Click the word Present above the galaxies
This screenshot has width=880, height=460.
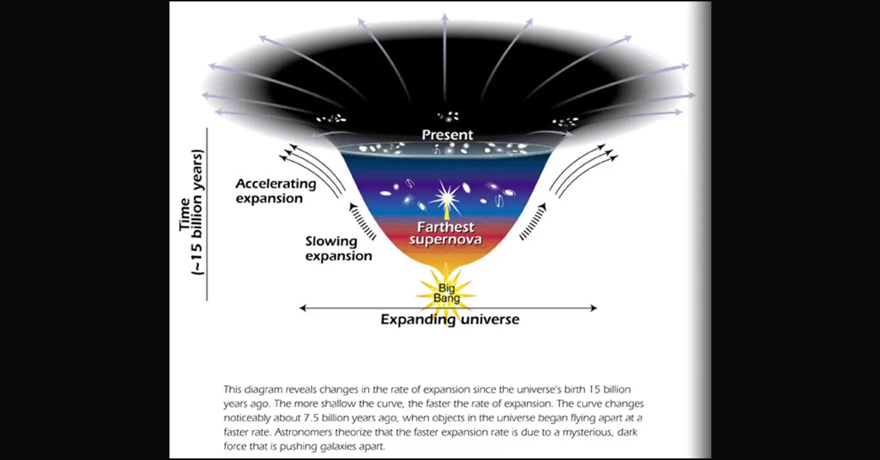point(447,135)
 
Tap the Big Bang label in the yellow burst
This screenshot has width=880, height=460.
point(447,293)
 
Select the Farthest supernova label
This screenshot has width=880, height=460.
point(445,233)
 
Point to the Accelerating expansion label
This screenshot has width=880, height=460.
point(276,191)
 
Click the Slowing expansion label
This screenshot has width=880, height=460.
point(339,249)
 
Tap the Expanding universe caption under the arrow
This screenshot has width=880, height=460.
point(450,320)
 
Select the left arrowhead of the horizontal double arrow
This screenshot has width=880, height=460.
point(302,308)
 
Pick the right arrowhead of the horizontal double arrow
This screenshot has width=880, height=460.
point(594,308)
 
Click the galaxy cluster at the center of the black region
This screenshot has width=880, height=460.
point(448,117)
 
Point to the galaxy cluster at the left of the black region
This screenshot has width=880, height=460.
point(331,119)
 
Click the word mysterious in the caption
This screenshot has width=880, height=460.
point(587,433)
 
